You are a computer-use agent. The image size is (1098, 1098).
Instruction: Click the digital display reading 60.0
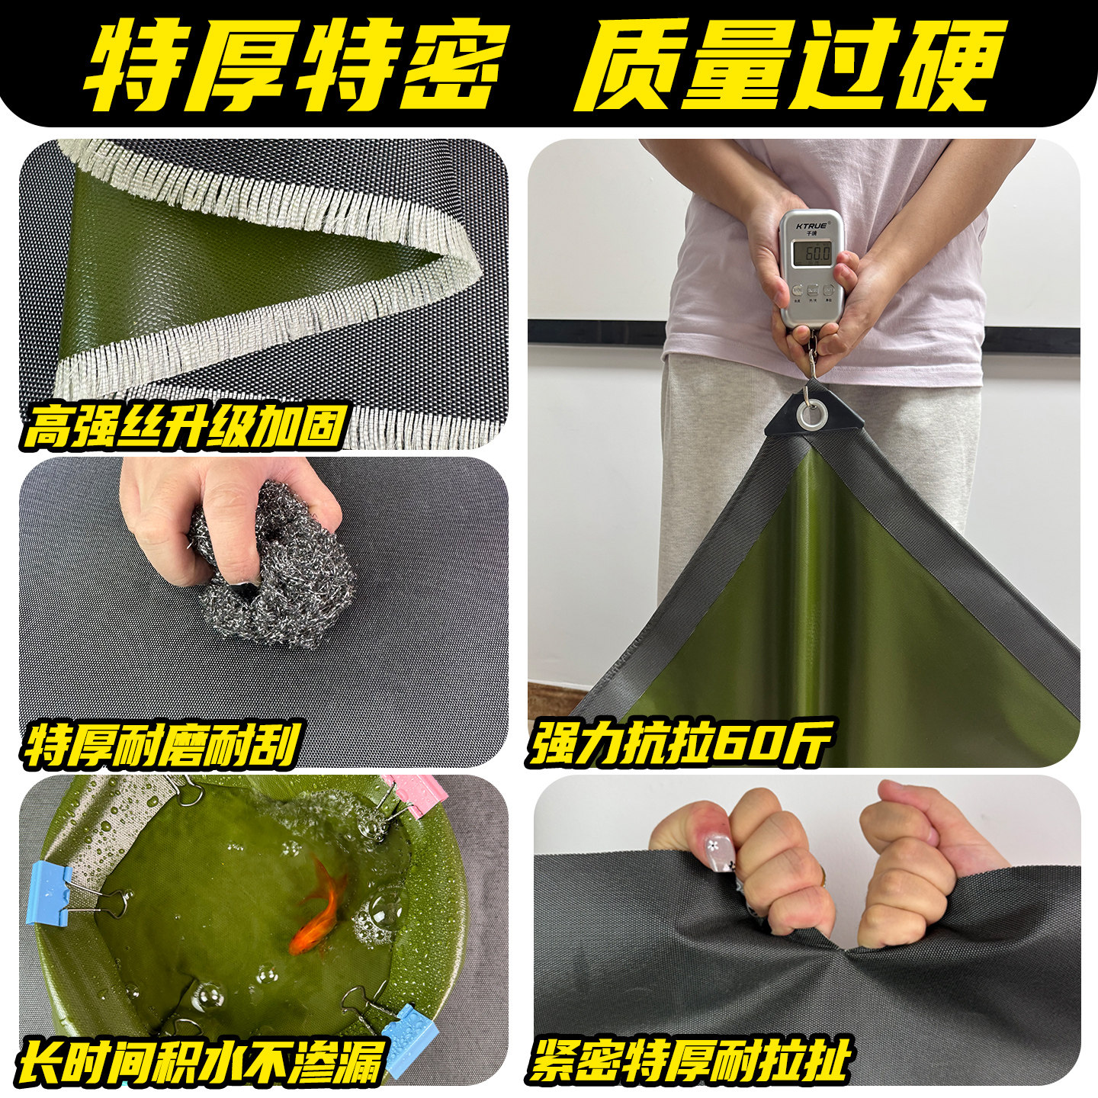(x=811, y=252)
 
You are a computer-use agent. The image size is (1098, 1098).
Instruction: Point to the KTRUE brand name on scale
(x=811, y=226)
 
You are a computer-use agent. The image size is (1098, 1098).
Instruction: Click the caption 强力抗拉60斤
(x=679, y=740)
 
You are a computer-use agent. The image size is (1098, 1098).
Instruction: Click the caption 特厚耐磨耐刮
(x=160, y=743)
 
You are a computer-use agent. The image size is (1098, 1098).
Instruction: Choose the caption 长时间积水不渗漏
(x=200, y=1059)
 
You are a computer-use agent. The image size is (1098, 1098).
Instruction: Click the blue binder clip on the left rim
(x=50, y=894)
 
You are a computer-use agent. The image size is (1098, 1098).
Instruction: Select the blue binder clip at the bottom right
(x=409, y=1029)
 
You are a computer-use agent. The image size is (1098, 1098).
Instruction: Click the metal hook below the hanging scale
(x=811, y=366)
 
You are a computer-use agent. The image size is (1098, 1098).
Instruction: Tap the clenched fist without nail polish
(x=911, y=862)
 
